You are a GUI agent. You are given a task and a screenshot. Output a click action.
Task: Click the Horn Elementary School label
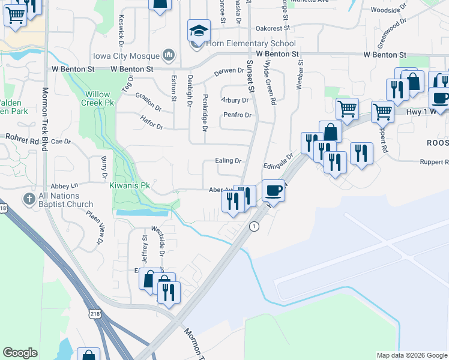pyautogui.click(x=251, y=43)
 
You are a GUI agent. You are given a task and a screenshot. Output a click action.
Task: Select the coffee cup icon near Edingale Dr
pyautogui.click(x=273, y=190)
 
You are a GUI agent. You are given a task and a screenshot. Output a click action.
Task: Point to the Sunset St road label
pyautogui.click(x=250, y=75)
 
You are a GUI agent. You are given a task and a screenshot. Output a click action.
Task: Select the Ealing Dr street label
pyautogui.click(x=228, y=161)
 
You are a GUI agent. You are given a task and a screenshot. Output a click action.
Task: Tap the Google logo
pyautogui.click(x=20, y=353)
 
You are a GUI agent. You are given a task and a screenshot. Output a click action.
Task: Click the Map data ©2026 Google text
pyautogui.click(x=411, y=355)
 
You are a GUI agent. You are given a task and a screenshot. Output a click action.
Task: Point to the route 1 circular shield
pyautogui.click(x=255, y=226)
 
